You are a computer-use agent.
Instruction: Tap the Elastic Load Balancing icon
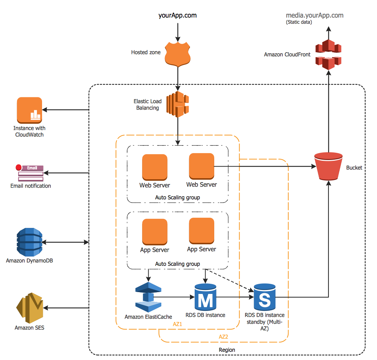pyautogui.click(x=178, y=103)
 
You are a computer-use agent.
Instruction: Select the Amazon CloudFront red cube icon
pyautogui.click(x=328, y=54)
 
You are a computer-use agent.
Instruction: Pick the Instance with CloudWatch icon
pyautogui.click(x=29, y=111)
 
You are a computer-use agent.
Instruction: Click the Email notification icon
pyautogui.click(x=31, y=173)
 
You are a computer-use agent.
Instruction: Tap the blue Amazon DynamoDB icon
pyautogui.click(x=29, y=242)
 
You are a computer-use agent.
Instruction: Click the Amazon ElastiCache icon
pyautogui.click(x=148, y=297)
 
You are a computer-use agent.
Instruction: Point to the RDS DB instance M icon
pyautogui.click(x=205, y=297)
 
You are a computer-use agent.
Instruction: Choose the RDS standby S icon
pyautogui.click(x=264, y=297)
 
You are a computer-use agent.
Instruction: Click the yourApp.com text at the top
pyautogui.click(x=178, y=15)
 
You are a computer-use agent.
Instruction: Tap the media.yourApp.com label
pyautogui.click(x=315, y=15)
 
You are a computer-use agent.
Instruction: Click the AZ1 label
pyautogui.click(x=178, y=324)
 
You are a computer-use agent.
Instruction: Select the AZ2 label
pyautogui.click(x=223, y=337)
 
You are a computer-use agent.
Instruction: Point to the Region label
pyautogui.click(x=227, y=350)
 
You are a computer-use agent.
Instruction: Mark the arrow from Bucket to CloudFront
pyautogui.click(x=328, y=112)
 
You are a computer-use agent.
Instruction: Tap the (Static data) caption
pyautogui.click(x=299, y=22)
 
